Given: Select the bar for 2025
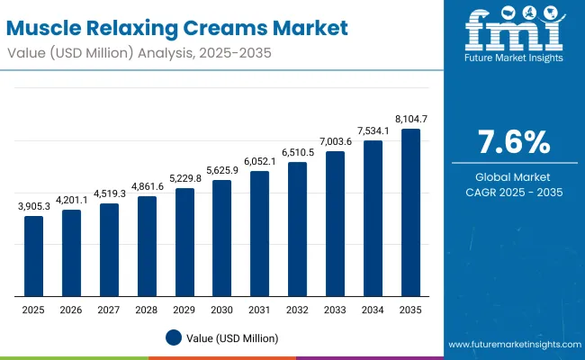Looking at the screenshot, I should point(33,256).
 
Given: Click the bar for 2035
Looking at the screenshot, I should point(410,212).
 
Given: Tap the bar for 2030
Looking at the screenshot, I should point(222,238).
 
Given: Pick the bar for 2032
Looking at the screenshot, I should point(298,229).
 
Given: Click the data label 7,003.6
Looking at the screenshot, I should point(335,140).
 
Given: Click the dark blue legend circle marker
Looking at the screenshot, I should point(174,337).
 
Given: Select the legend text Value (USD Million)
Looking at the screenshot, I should point(233,337).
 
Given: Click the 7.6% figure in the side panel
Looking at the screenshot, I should point(512,142).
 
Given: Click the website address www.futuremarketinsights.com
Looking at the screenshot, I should point(510,345).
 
